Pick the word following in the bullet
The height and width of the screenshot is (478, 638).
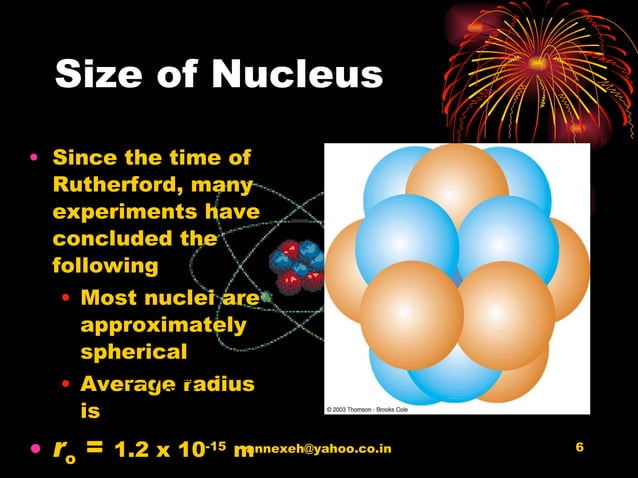tap(105, 266)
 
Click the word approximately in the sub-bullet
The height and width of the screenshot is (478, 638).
tap(162, 325)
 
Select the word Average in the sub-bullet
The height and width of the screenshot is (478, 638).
tap(126, 384)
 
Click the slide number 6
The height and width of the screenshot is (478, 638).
tap(581, 447)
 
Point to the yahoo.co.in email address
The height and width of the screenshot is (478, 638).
tap(320, 449)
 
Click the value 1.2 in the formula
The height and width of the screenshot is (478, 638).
tap(136, 450)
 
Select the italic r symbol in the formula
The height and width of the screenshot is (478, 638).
tap(59, 449)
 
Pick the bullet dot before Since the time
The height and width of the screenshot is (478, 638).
tap(35, 158)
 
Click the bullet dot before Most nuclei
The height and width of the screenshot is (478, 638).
tap(65, 298)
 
